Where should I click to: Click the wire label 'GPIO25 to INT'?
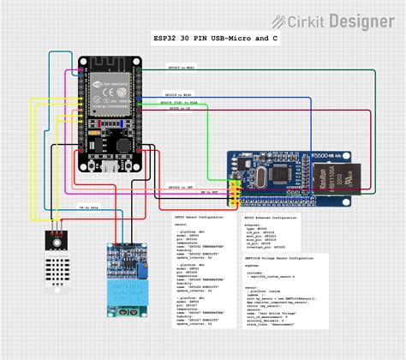tap(180, 186)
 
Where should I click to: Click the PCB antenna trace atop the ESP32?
tap(110, 64)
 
